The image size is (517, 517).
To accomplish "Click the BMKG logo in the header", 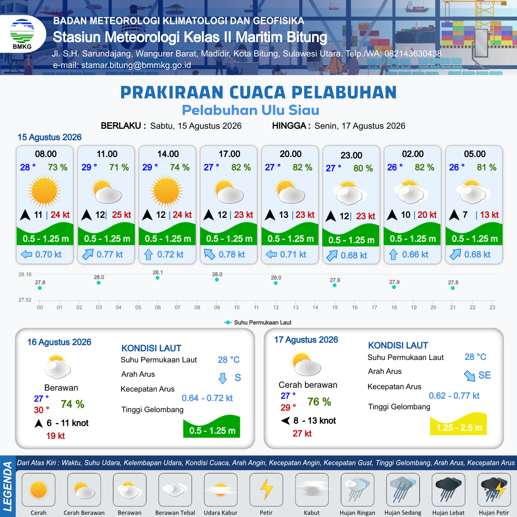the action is coord(22,34).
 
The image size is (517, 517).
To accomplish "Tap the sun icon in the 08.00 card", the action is coord(45,191).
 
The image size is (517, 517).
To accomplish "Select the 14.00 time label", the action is coord(168,154).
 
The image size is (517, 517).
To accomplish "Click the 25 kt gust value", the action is coord(121,214).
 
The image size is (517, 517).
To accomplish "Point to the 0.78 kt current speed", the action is coord(232,255).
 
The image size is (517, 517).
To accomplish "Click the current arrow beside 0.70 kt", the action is coord(26,255).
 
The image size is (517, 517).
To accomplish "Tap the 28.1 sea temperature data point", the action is coord(157,278).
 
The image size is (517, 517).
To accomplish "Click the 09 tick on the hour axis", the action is coord(217,307).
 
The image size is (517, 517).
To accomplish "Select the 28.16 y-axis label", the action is coord(25,274).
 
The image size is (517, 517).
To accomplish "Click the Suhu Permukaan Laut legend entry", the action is coord(258,323).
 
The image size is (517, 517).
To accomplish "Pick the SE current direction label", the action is coord(484,375).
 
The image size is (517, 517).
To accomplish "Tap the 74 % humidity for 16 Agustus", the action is coord(73,404).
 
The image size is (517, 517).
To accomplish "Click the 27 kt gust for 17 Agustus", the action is coord(302,434).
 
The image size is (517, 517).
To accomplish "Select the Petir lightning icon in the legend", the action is coord(267,490).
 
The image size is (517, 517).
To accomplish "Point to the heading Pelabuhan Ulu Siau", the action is coord(250,110).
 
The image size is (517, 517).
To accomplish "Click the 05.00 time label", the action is coord(475,154).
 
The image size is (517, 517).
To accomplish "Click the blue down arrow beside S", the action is coord(223,378).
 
